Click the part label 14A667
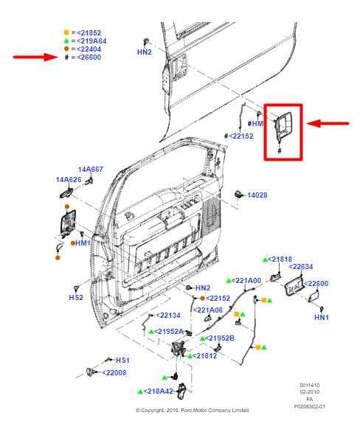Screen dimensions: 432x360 coord(91,170)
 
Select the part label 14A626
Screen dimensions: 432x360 coord(67,179)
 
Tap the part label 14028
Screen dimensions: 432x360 coord(257,195)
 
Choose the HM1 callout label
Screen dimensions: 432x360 coord(83,243)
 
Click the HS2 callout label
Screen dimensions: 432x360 coord(75,297)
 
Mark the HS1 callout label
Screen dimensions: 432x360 coord(122,360)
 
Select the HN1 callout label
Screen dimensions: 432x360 coord(321,317)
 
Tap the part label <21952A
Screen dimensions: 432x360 coord(169,332)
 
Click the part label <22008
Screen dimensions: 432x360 coord(114,372)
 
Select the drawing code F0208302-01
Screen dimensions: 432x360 coord(309,406)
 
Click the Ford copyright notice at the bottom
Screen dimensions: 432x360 coord(192,411)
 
